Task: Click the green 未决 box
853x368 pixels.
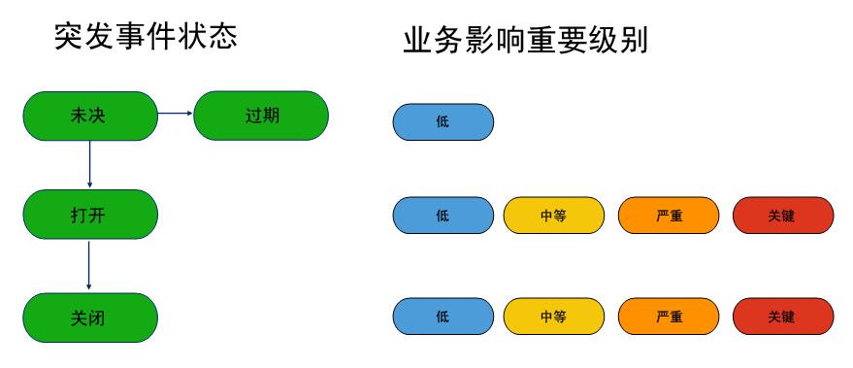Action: [89, 116]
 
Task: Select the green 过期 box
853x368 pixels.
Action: [261, 116]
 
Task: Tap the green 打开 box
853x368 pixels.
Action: [89, 215]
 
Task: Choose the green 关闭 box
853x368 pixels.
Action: [89, 318]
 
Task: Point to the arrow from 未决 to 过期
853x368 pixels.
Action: [176, 114]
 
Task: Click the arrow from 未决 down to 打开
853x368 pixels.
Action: [89, 164]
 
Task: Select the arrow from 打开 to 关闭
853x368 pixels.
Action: [89, 265]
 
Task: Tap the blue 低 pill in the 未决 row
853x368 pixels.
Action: [443, 122]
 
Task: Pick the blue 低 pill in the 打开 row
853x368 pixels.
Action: [443, 216]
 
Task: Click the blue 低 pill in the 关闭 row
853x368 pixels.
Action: [443, 317]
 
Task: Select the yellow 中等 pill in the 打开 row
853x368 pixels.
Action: [553, 216]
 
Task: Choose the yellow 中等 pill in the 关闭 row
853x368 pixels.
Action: [553, 317]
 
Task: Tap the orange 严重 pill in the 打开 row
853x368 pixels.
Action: [669, 216]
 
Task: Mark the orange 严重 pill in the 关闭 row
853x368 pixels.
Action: [669, 317]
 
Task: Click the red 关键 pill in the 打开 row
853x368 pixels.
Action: [782, 216]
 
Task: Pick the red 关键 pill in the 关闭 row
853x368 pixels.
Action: [782, 317]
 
